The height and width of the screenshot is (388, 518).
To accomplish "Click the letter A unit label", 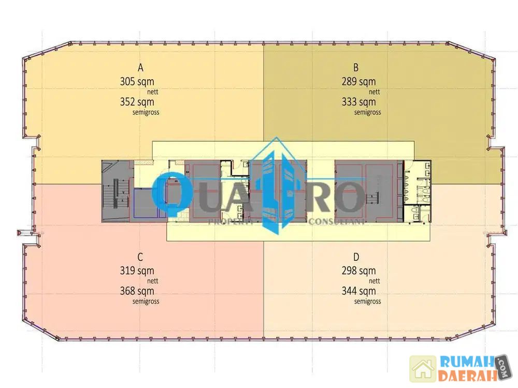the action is (x=140, y=68).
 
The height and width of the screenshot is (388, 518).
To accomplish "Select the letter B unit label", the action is (x=356, y=68).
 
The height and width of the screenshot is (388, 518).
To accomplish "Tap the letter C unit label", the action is (x=140, y=257).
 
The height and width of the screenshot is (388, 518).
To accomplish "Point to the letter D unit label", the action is (x=356, y=257).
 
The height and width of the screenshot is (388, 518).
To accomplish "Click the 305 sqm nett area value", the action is (x=137, y=82).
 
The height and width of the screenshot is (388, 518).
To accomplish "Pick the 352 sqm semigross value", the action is (x=137, y=102).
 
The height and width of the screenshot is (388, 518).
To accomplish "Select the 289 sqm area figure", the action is (x=359, y=82).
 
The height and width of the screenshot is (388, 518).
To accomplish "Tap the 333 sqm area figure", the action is (x=359, y=102).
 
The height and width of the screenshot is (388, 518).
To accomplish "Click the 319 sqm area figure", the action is (x=137, y=271).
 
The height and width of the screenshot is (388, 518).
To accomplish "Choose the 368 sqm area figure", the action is (x=137, y=291).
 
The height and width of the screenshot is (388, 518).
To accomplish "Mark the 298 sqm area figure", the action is (x=359, y=271).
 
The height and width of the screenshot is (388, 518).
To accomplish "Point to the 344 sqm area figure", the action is (x=359, y=291).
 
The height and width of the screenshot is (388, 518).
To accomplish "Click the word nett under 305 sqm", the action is (x=153, y=92).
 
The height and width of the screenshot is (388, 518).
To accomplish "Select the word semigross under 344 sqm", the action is (x=368, y=302).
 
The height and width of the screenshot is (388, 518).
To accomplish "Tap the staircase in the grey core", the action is (x=116, y=193).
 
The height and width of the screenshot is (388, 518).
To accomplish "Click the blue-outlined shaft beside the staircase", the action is (x=146, y=203).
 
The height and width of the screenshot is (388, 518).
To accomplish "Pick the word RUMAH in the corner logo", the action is (x=467, y=363).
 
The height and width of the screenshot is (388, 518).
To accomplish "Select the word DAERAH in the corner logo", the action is (x=468, y=376).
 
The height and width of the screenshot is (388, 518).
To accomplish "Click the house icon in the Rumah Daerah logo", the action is (x=423, y=369).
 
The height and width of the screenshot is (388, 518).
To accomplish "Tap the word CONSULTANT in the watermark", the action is (x=337, y=222).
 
